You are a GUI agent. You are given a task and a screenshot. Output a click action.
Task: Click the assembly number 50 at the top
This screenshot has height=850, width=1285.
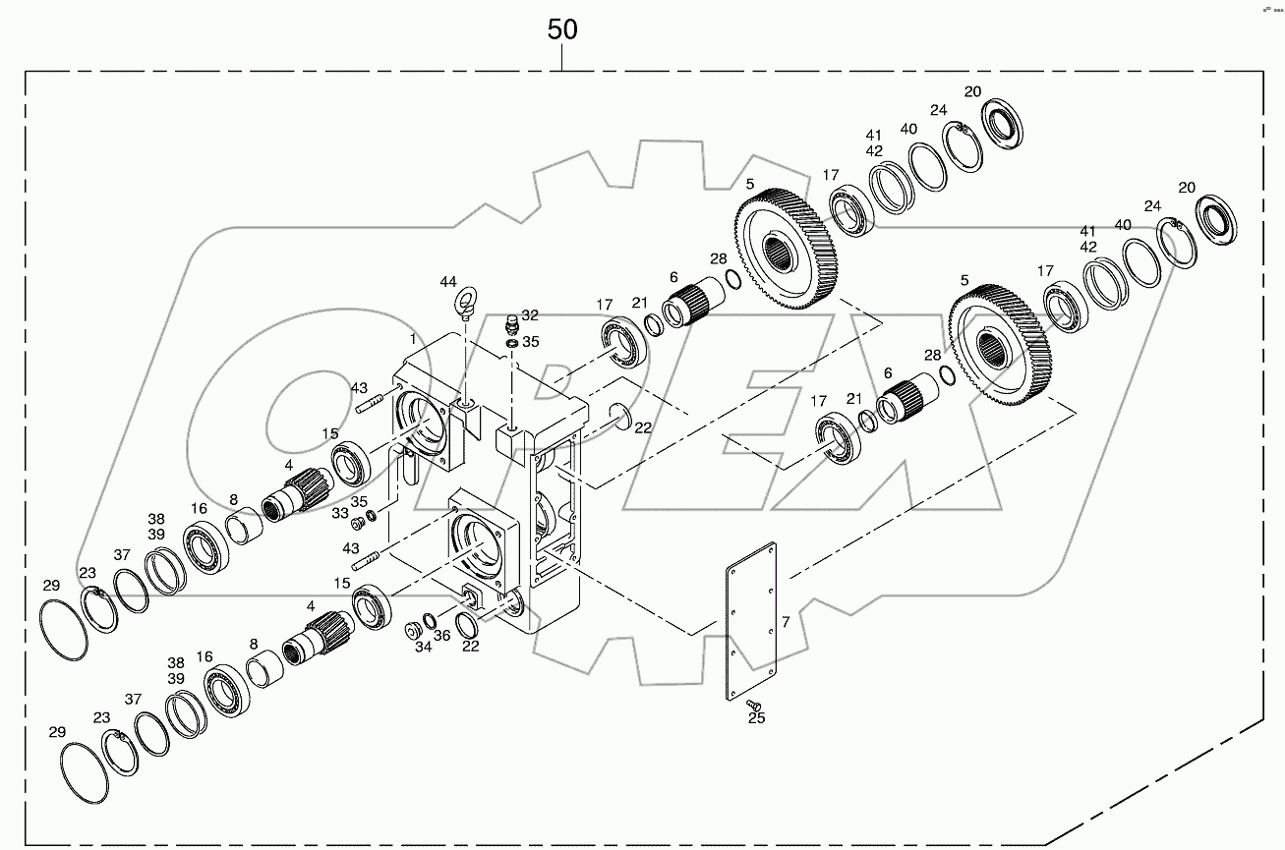pos(562,29)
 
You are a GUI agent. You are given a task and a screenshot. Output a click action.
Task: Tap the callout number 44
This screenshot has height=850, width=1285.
pos(448,282)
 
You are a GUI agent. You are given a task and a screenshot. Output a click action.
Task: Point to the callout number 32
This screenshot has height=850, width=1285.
pos(530,315)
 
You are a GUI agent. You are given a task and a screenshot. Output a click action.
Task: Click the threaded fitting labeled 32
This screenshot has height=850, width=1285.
pos(511,324)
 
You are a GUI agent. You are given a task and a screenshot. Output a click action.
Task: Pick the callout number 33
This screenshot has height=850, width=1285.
pos(339,513)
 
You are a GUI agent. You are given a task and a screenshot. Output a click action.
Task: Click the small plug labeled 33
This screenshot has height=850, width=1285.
pos(358,523)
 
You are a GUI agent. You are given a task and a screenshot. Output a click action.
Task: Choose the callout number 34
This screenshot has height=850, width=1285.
pos(423,647)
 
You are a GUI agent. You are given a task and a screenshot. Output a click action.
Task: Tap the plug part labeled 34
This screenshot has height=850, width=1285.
pos(412,630)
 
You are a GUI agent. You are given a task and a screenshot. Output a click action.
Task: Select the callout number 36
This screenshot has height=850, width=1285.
pos(442,636)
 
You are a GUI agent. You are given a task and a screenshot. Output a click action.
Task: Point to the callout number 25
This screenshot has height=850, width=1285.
pos(755,718)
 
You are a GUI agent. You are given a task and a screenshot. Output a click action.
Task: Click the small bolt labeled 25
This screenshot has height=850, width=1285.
pos(754,704)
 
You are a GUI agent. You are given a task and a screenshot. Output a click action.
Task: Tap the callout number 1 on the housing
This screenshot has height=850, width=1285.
pos(414,338)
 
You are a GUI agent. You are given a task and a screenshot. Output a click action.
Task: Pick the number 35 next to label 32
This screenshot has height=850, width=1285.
pos(530,342)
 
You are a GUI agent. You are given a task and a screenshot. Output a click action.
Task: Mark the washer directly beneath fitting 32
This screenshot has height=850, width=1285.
pos(511,343)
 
